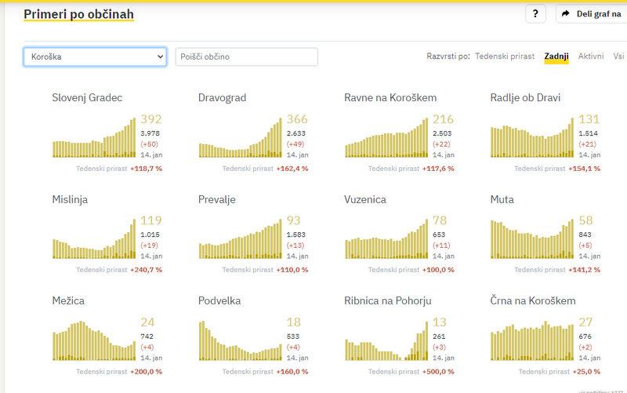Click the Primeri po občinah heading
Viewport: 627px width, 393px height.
pyautogui.click(x=78, y=14)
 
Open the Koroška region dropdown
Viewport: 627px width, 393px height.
pyautogui.click(x=95, y=56)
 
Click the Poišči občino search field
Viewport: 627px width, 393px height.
pyautogui.click(x=246, y=56)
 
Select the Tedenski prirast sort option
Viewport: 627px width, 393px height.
pyautogui.click(x=505, y=56)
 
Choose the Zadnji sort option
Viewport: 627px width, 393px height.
pyautogui.click(x=556, y=56)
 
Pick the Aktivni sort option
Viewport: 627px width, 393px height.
pyautogui.click(x=591, y=56)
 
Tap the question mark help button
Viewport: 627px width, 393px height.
pyautogui.click(x=535, y=14)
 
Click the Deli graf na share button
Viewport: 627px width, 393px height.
pyautogui.click(x=591, y=14)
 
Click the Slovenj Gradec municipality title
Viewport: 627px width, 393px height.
pyautogui.click(x=87, y=98)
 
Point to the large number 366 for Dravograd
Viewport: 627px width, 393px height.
pyautogui.click(x=297, y=119)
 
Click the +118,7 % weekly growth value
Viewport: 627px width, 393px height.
pyautogui.click(x=146, y=169)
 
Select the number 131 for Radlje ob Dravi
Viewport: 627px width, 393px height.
pyautogui.click(x=589, y=119)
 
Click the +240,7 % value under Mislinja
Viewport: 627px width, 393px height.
pyautogui.click(x=146, y=270)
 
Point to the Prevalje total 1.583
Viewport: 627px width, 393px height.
pyautogui.click(x=297, y=235)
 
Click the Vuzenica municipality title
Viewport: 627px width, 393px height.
pyautogui.click(x=365, y=199)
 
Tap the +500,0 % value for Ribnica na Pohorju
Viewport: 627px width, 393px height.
pyautogui.click(x=438, y=372)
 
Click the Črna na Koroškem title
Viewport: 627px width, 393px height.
pyautogui.click(x=533, y=300)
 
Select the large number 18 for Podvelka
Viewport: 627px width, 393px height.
pyautogui.click(x=294, y=322)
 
